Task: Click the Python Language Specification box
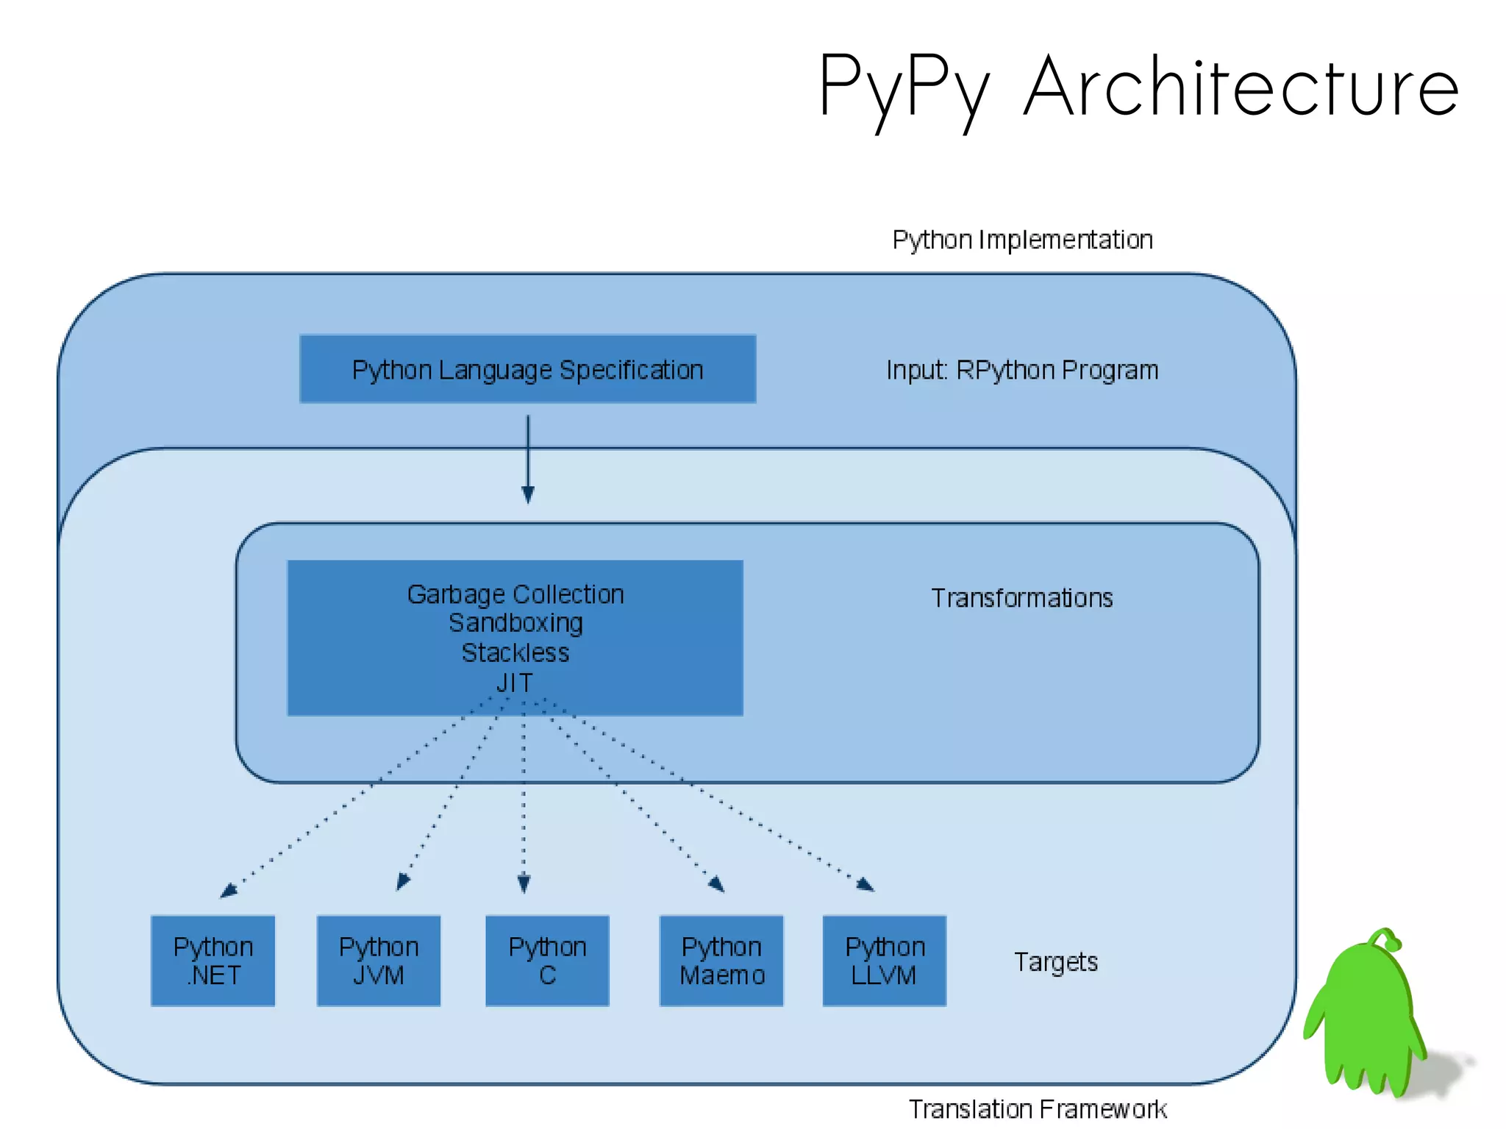[527, 369]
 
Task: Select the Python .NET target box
[213, 961]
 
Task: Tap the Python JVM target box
[378, 961]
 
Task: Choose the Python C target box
[547, 961]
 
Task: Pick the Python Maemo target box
[721, 961]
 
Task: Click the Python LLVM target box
[884, 961]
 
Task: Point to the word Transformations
[1021, 598]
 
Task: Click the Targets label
[1055, 962]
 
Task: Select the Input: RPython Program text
[1021, 370]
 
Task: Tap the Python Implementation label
[1022, 240]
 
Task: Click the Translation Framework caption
[1037, 1108]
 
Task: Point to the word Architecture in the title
[1241, 88]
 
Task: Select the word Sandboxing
[515, 623]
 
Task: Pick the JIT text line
[514, 683]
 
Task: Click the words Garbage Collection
[515, 594]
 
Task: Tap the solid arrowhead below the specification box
[527, 495]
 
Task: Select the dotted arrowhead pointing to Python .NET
[228, 891]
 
